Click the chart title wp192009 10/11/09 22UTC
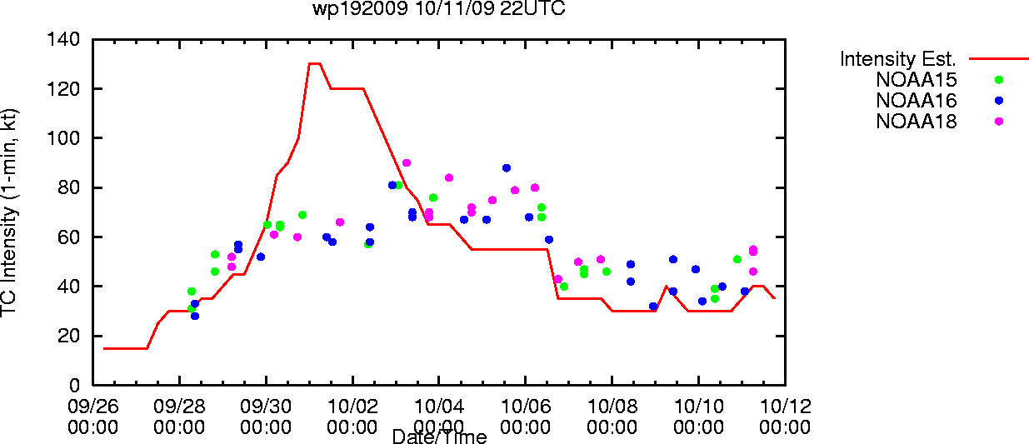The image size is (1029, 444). tap(439, 8)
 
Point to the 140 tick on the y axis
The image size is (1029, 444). tap(63, 39)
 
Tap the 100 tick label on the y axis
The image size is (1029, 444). tap(63, 137)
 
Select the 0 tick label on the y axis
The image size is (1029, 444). tap(74, 385)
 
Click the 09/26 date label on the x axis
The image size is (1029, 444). tap(92, 407)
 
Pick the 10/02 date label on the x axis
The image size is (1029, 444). tap(352, 407)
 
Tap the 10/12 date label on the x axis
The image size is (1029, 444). tap(785, 407)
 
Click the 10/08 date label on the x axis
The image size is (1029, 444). tap(612, 407)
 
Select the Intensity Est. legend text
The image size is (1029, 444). tap(898, 59)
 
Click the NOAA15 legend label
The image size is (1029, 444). tap(917, 79)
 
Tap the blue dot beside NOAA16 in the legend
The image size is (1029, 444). tap(999, 101)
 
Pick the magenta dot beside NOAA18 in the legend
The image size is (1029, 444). tap(999, 122)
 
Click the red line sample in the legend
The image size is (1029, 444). tap(999, 59)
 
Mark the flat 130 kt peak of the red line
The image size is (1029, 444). tap(315, 64)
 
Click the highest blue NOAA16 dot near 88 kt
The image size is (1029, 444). tap(507, 168)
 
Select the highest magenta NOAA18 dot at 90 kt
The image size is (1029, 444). tap(406, 163)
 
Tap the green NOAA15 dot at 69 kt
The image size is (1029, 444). tap(302, 215)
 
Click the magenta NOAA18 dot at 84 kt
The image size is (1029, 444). tap(449, 177)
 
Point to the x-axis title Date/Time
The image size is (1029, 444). tap(439, 437)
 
